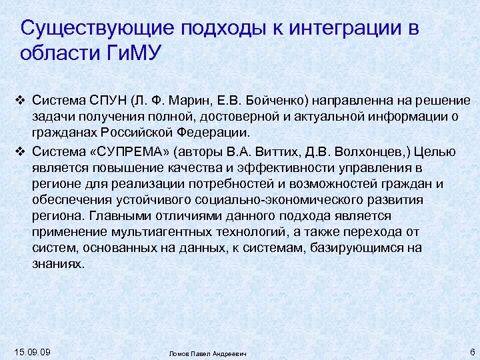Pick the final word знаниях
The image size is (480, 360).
pyautogui.click(x=58, y=263)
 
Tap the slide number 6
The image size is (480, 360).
pyautogui.click(x=471, y=351)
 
